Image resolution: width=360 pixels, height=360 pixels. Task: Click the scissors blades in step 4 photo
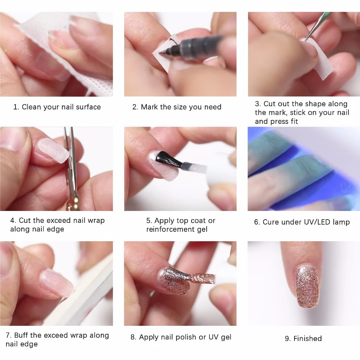coord(69,151)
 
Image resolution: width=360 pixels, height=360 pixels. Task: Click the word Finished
coord(307,338)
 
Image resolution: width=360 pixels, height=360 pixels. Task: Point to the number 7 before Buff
coord(8,336)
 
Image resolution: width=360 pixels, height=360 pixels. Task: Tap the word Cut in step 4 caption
coord(24,220)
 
